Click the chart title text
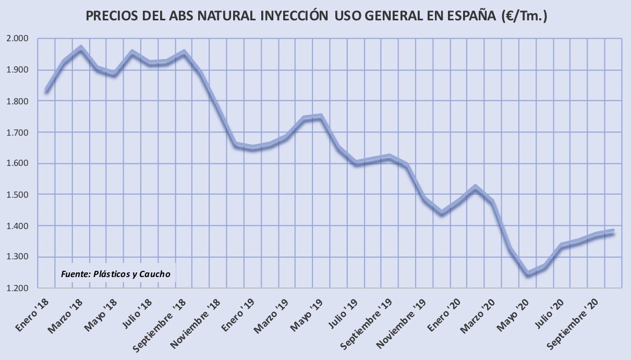coord(316,16)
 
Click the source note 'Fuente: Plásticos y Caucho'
coord(115,274)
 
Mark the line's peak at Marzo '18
coord(81,49)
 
